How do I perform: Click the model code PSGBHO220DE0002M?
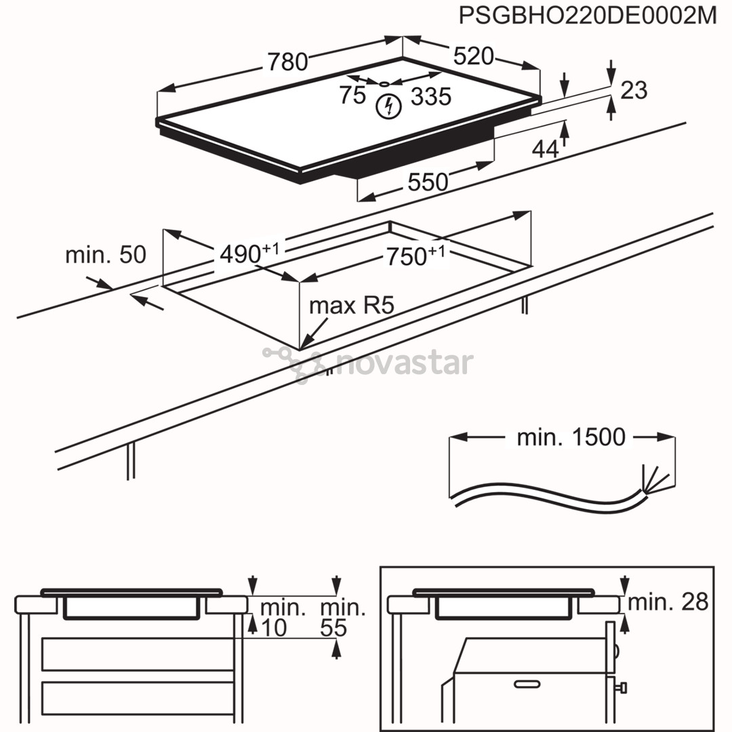pos(587,16)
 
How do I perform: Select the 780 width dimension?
pos(288,62)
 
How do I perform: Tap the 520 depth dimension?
pos(473,57)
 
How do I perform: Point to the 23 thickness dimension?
pos(634,90)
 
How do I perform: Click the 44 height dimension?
pos(545,149)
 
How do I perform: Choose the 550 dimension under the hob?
pos(428,182)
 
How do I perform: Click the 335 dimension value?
pos(431,97)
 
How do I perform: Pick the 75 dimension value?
pos(352,96)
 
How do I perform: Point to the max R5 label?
pos(351,306)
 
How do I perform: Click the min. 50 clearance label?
pos(105,255)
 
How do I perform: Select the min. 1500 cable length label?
pos(571,438)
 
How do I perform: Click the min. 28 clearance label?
pos(668,601)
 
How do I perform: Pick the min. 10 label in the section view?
pos(274,617)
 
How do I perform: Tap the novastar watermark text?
pos(403,364)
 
